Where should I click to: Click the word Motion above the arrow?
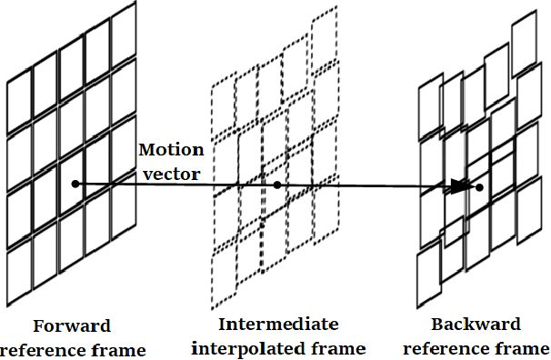[171, 150]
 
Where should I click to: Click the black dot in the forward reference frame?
[75, 185]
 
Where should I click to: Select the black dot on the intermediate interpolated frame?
[276, 185]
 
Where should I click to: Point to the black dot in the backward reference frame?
[478, 188]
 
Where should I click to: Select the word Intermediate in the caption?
[278, 325]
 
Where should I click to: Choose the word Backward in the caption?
[476, 325]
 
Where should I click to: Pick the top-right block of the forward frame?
[124, 41]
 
